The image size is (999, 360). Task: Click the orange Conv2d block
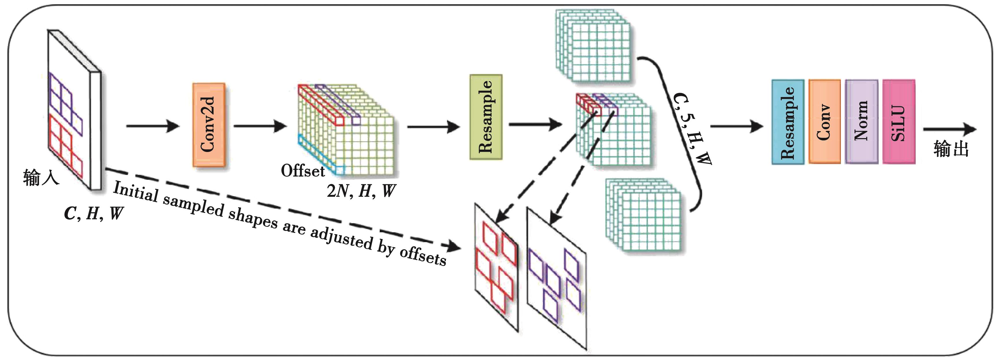[x=209, y=125]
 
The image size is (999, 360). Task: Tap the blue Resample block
[x=788, y=122]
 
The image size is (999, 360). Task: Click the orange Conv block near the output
[x=824, y=122]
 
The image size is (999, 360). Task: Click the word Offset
[x=303, y=171]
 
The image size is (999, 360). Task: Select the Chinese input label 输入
[x=41, y=178]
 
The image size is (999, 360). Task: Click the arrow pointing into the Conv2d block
[x=153, y=126]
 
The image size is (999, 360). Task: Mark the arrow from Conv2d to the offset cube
[x=260, y=126]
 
